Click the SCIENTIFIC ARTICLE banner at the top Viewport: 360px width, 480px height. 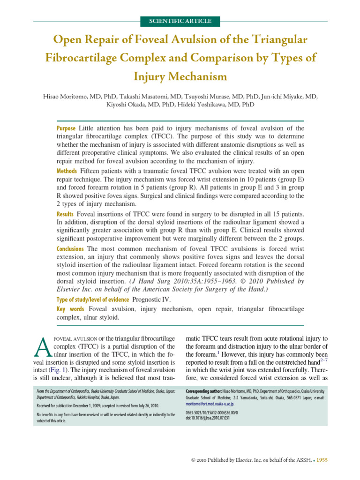pyautogui.click(x=180, y=21)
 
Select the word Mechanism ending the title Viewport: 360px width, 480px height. pyautogui.click(x=195, y=76)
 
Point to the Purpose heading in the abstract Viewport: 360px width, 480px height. pyautogui.click(x=66, y=128)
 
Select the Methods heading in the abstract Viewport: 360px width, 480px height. pyautogui.click(x=67, y=170)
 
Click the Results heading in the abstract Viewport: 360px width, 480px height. pyautogui.click(x=65, y=214)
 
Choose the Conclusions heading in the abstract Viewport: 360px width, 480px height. pyautogui.click(x=71, y=248)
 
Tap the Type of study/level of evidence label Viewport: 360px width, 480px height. pyautogui.click(x=92, y=299)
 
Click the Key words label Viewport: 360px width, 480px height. pyautogui.click(x=71, y=309)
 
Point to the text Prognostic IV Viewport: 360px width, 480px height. pyautogui.click(x=152, y=299)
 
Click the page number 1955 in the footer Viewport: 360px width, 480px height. pyautogui.click(x=322, y=460)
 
